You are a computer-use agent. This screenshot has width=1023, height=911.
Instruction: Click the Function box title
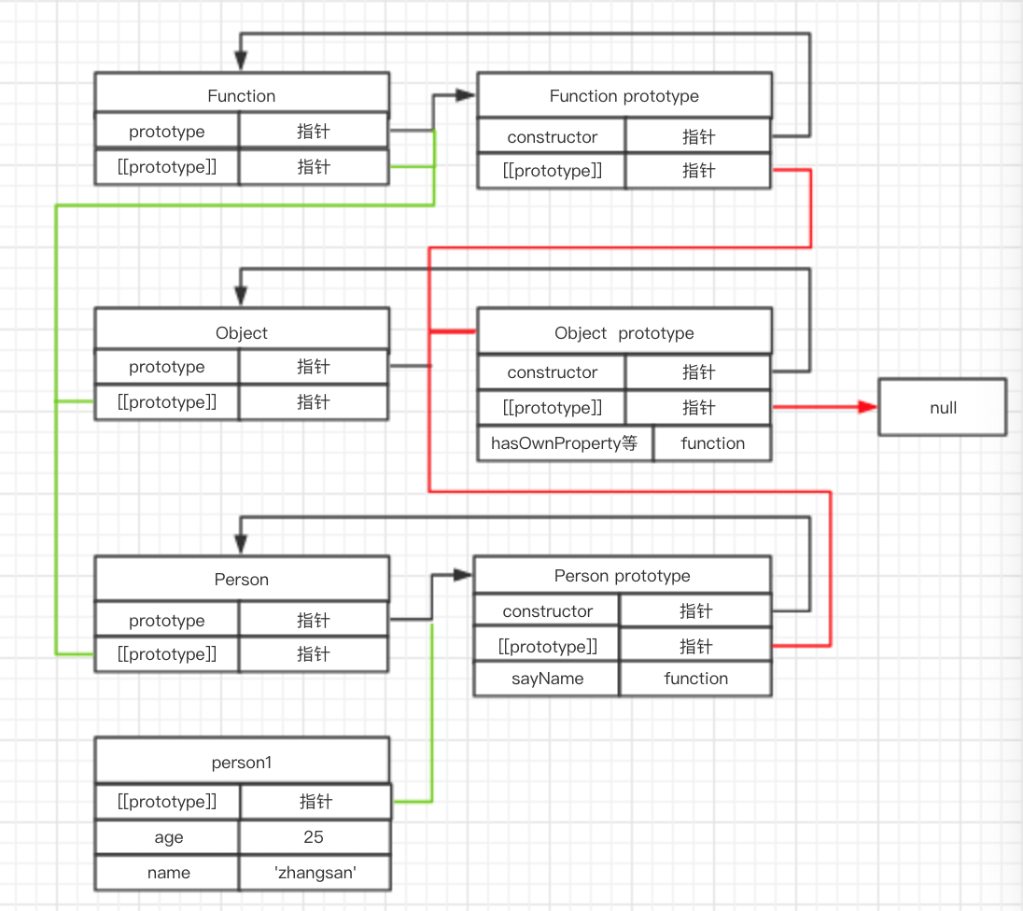click(241, 96)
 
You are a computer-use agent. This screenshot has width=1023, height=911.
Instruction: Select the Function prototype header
click(624, 96)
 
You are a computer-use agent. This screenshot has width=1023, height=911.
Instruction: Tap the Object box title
click(241, 333)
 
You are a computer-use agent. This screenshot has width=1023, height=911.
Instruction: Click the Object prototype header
click(624, 333)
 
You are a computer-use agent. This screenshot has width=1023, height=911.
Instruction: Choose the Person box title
click(241, 580)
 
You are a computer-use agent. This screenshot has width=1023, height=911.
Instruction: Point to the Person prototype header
click(622, 576)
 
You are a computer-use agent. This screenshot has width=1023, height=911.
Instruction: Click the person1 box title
click(241, 763)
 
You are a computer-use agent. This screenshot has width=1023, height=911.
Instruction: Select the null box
click(943, 408)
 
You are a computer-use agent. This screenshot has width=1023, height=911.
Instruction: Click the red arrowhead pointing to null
click(867, 408)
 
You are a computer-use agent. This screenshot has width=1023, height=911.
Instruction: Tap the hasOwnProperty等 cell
click(564, 443)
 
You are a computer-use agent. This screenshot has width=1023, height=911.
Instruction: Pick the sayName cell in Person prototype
click(547, 679)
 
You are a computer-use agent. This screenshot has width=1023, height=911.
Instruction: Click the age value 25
click(314, 837)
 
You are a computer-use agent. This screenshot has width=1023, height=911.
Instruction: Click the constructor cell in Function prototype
click(552, 137)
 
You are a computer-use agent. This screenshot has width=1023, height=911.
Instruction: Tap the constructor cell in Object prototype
click(552, 372)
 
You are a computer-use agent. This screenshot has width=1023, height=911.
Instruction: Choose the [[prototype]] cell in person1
click(167, 802)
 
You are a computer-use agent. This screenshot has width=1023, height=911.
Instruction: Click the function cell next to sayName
click(695, 679)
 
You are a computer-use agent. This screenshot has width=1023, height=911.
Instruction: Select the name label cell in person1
click(168, 873)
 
